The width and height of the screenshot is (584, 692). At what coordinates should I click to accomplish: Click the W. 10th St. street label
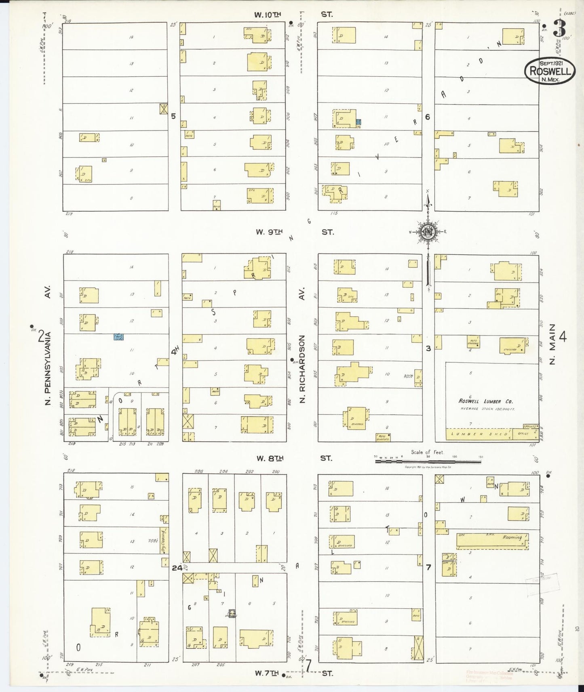pos(293,15)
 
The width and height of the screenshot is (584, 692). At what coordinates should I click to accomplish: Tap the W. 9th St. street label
pos(293,232)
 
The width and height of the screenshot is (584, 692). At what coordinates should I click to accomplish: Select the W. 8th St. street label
pos(293,458)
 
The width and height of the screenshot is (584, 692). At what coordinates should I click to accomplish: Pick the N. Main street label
pos(552,344)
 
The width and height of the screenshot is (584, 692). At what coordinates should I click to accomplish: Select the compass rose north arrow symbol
pos(427,232)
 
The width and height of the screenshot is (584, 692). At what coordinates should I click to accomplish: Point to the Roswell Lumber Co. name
pos(485,401)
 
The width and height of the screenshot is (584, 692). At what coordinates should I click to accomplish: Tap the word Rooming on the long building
pos(512,537)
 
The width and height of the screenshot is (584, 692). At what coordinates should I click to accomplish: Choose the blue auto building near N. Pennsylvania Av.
pos(119,336)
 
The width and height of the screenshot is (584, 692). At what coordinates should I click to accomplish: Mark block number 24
pos(177,568)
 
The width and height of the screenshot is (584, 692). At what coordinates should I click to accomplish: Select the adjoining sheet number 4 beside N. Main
pos(563,336)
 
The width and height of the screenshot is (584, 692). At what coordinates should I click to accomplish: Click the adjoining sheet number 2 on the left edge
pos(41,336)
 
